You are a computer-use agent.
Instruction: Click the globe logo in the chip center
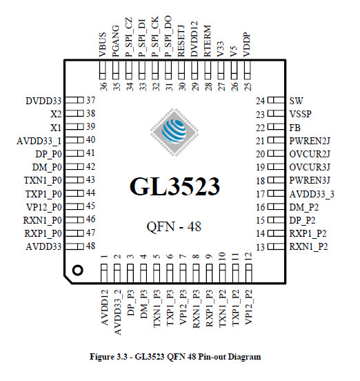174,133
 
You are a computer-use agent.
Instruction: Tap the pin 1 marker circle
78,270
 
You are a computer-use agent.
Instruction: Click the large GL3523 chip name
174,186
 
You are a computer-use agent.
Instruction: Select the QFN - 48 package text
174,226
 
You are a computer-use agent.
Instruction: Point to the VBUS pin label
103,45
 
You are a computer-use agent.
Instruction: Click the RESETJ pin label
181,41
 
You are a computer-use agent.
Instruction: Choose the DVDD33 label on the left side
43,101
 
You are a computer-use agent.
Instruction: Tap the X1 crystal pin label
56,128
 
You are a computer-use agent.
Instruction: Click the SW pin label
296,101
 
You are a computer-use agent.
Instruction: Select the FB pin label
295,128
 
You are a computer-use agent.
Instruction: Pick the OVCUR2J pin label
310,154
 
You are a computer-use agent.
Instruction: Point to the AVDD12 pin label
104,307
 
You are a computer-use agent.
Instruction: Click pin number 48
90,246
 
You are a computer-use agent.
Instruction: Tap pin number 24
260,101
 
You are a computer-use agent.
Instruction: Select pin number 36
103,87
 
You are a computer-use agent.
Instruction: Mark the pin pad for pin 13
276,246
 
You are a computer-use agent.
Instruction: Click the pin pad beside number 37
74,100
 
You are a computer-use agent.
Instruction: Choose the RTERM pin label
208,41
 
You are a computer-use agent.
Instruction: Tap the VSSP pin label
300,114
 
